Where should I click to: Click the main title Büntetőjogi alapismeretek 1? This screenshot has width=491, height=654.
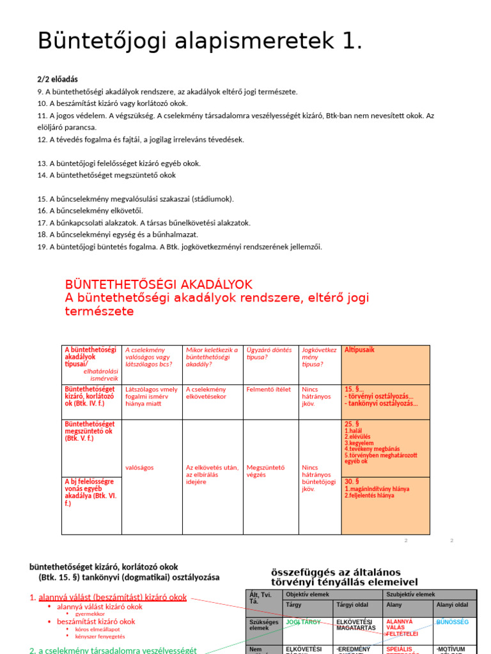tap(200, 42)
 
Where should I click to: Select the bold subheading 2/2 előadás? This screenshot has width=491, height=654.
tap(58, 79)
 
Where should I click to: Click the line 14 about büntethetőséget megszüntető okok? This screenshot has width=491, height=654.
tap(106, 175)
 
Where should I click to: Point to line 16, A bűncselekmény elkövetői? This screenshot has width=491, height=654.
tap(90, 211)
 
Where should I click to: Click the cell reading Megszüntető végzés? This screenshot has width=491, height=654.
tap(265, 471)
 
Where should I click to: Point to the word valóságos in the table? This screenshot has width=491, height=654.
tap(139, 468)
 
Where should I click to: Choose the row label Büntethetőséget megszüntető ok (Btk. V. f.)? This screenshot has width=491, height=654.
tap(90, 431)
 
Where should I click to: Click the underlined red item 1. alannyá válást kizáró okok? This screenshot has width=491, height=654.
tap(108, 598)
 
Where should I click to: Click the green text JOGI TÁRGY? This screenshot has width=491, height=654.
tap(303, 621)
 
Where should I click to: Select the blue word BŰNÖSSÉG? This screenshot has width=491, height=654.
tap(452, 621)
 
